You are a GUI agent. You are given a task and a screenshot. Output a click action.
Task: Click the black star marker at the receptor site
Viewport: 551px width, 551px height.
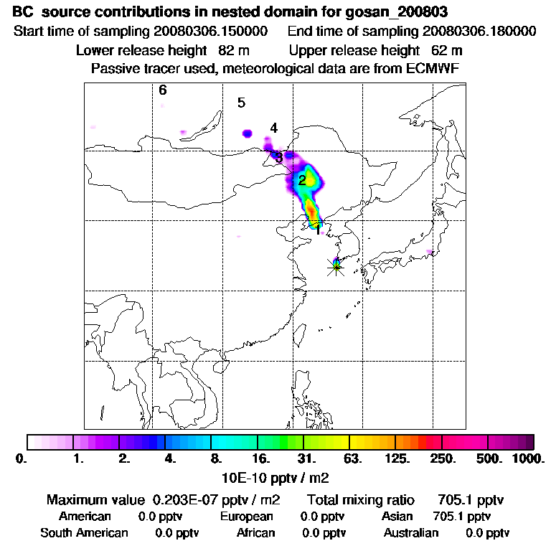click(x=336, y=267)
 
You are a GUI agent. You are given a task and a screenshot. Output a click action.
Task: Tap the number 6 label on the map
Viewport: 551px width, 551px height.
click(x=163, y=90)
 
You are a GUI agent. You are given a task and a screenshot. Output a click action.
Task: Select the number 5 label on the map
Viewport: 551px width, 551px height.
click(x=242, y=103)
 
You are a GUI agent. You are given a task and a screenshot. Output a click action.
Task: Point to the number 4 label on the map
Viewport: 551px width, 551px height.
click(x=273, y=128)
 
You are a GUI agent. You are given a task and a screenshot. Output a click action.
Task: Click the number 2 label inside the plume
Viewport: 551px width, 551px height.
click(x=303, y=180)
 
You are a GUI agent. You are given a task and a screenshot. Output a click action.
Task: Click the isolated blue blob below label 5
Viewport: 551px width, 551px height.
click(x=248, y=133)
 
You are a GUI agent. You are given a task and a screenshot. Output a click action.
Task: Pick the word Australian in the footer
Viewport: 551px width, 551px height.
click(x=411, y=533)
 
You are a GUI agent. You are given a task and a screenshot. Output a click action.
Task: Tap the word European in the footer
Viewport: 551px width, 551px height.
click(x=247, y=517)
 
